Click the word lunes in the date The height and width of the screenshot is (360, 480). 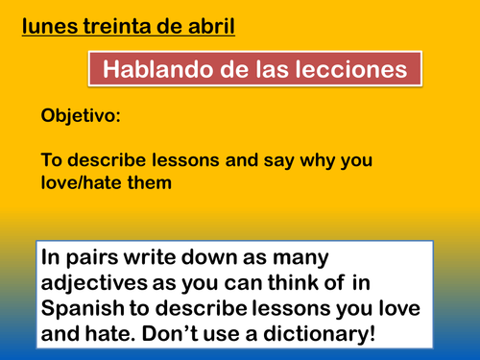50,20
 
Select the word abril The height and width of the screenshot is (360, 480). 210,20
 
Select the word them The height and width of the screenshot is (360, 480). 151,180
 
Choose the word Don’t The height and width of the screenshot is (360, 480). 223,335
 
